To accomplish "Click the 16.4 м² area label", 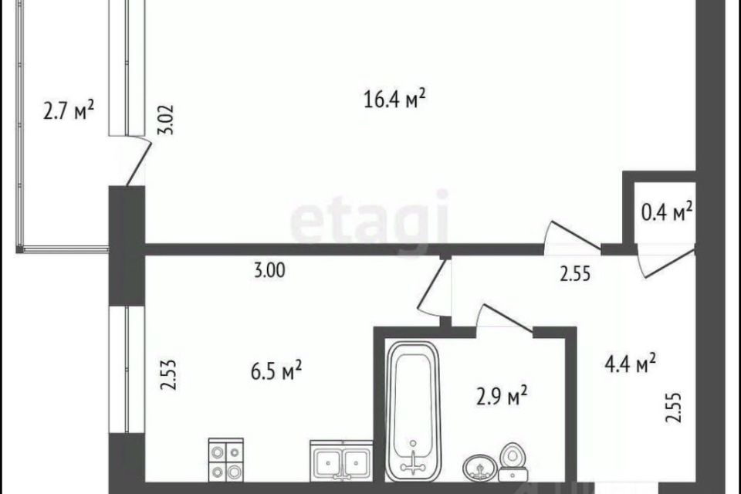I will (x=396, y=98).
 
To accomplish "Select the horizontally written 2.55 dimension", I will (x=575, y=273).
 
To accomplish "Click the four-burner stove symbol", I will (x=225, y=460).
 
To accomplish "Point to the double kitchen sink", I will (x=340, y=461).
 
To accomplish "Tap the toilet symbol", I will (x=511, y=462).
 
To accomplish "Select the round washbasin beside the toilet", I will (x=480, y=468).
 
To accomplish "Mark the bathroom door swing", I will (x=506, y=318).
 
